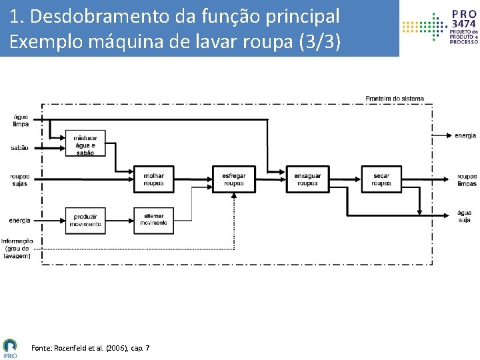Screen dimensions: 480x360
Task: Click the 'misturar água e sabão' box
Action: tap(85, 145)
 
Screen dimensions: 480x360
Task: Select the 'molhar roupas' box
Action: tap(153, 179)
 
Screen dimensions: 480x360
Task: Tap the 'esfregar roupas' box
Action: tap(233, 179)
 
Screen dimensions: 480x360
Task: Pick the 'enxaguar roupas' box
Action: tap(307, 179)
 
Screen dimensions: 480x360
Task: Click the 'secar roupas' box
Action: tap(381, 179)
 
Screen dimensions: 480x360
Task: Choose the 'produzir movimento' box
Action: tap(85, 221)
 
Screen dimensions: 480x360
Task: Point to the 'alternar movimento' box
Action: tap(153, 221)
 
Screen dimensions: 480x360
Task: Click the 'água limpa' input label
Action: tap(21, 121)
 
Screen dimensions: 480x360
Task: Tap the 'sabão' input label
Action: tap(20, 148)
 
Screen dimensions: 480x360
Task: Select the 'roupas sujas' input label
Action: tap(19, 180)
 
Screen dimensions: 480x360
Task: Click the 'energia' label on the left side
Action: tap(19, 221)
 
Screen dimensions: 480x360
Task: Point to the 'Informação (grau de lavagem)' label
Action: tap(17, 248)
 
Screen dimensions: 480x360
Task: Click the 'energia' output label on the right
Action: tap(465, 136)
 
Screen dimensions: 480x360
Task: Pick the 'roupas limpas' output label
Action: tap(467, 180)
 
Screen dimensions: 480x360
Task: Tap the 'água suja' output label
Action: tap(465, 216)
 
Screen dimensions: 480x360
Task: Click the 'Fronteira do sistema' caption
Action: tap(394, 99)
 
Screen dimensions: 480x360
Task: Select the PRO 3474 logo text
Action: tap(464, 19)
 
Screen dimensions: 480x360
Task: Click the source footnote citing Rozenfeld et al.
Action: tap(91, 348)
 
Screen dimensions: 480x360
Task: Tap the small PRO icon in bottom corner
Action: tap(10, 347)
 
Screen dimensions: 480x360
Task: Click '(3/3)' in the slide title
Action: tap(319, 41)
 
